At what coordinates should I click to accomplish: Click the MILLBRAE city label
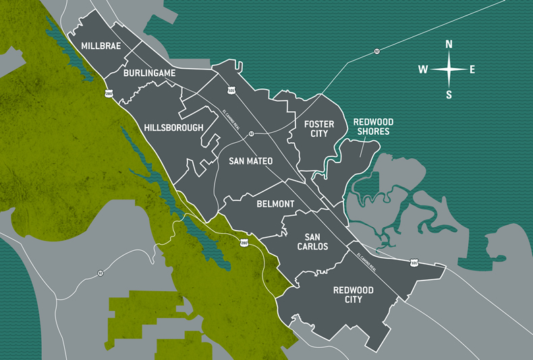point(101,46)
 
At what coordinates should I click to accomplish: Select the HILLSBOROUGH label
point(173,127)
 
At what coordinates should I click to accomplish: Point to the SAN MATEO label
point(250,161)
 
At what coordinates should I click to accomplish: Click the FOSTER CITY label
point(316,128)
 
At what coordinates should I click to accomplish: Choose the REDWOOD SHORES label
point(372,127)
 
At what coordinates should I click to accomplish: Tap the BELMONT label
point(275,204)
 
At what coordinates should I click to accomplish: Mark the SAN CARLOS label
point(312,241)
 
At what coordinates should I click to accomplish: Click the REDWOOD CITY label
point(353,295)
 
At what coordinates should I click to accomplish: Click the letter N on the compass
point(449,44)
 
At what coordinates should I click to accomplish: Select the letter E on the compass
point(472,69)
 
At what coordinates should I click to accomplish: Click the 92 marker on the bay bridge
point(376,51)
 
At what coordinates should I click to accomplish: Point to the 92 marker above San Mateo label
point(250,133)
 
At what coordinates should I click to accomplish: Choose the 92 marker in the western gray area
point(100,273)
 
